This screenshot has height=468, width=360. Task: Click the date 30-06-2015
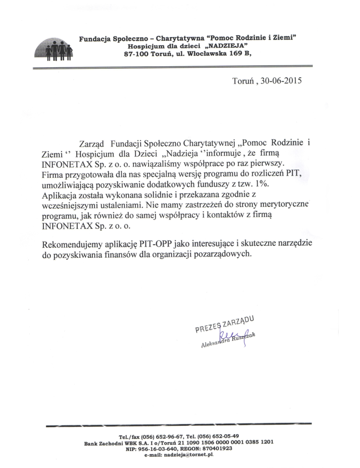pos(281,82)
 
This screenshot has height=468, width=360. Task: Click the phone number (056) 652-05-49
pos(217,436)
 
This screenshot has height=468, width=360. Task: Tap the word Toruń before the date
pos(244,82)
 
